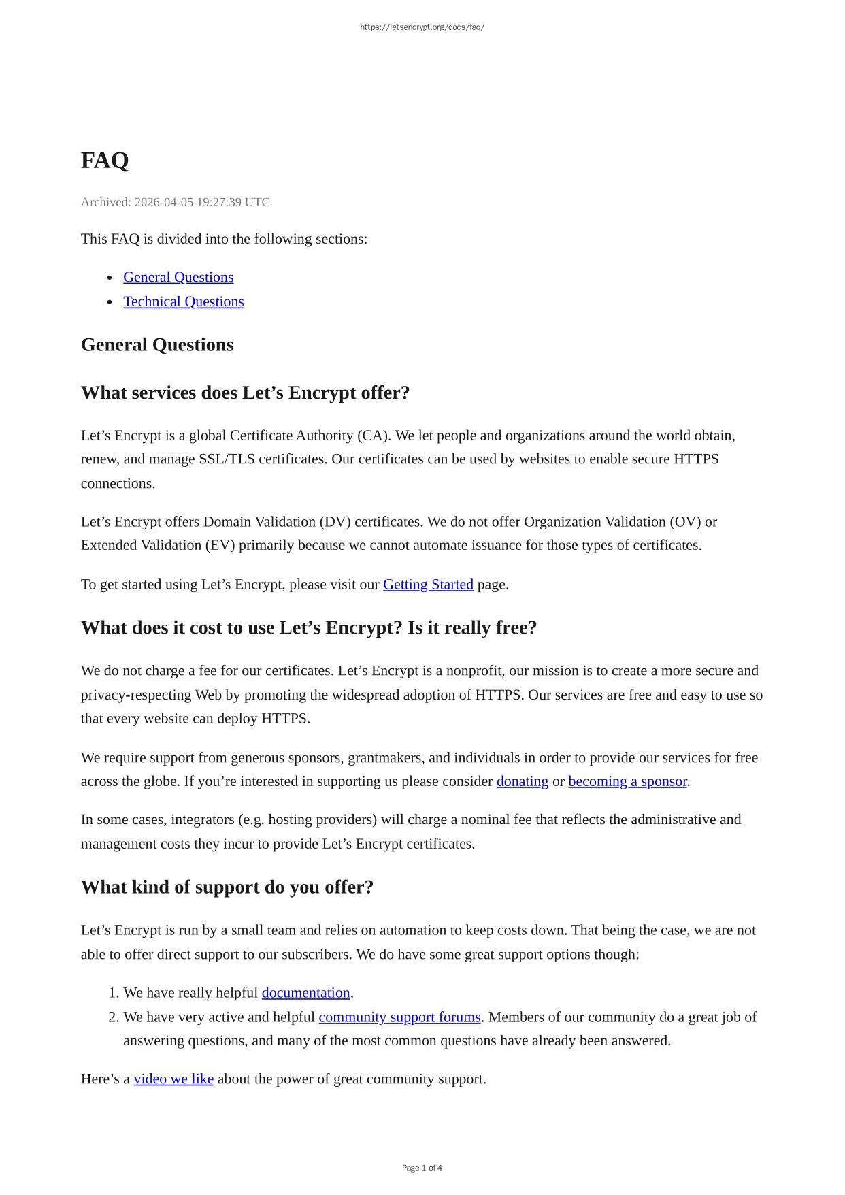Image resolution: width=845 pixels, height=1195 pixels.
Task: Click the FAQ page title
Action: (x=105, y=161)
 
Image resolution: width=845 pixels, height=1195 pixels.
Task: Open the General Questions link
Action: (x=178, y=277)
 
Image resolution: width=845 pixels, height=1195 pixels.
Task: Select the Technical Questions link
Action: (x=183, y=301)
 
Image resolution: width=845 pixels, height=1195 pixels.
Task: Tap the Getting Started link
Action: (x=428, y=585)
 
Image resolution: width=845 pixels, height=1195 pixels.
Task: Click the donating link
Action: (x=522, y=781)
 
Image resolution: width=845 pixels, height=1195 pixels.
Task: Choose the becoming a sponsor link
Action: (x=627, y=781)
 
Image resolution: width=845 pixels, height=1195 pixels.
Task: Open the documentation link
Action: (x=305, y=993)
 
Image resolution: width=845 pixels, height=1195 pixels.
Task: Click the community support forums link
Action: (x=399, y=1017)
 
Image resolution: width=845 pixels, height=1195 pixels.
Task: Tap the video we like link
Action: (x=173, y=1079)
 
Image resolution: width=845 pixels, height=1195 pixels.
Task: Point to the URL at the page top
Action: (x=422, y=27)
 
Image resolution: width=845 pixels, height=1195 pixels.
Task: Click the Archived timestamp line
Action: (x=175, y=202)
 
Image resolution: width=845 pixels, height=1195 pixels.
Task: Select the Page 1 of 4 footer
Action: (x=422, y=1168)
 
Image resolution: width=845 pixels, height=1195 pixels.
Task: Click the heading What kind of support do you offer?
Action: (x=227, y=887)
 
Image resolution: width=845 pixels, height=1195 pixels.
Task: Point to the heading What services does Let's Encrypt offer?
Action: (x=245, y=393)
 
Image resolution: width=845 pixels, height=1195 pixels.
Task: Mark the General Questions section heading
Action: (x=157, y=345)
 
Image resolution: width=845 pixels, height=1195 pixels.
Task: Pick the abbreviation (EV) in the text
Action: (x=218, y=546)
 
